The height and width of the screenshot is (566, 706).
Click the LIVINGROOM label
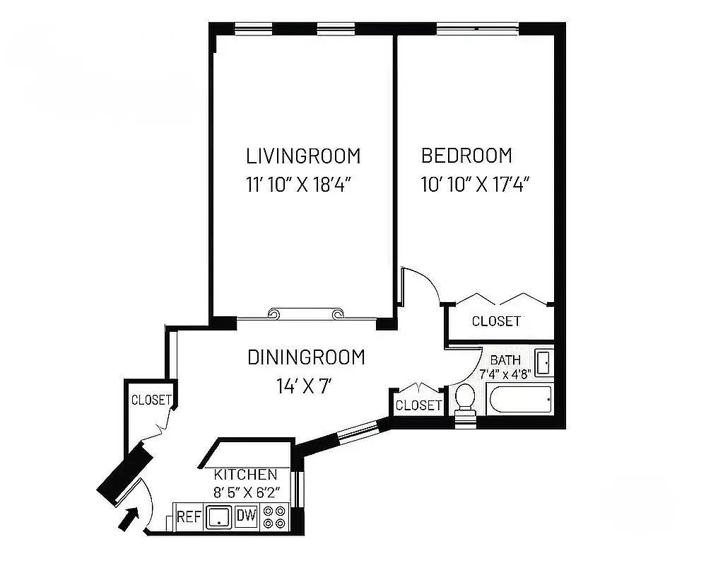pos(302,155)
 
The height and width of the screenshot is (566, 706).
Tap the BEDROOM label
pos(466,155)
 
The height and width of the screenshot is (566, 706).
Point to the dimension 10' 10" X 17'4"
pos(475,185)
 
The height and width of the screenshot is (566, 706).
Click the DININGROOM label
pos(306,357)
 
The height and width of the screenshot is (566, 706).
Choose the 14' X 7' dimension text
pos(304,386)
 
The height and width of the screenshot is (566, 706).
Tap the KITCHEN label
pos(246,474)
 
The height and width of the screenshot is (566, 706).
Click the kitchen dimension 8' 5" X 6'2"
pos(246,491)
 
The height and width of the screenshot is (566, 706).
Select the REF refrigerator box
pos(189,517)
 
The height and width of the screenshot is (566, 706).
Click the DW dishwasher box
pos(245,516)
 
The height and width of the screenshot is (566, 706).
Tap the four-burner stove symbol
pos(274,517)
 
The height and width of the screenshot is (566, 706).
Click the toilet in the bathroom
pos(465,400)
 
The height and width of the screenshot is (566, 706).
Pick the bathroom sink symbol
pos(543,362)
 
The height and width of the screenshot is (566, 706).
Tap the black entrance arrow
pos(126,519)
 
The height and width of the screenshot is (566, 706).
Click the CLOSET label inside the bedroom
pos(496,321)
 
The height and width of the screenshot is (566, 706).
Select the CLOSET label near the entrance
pos(151,400)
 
